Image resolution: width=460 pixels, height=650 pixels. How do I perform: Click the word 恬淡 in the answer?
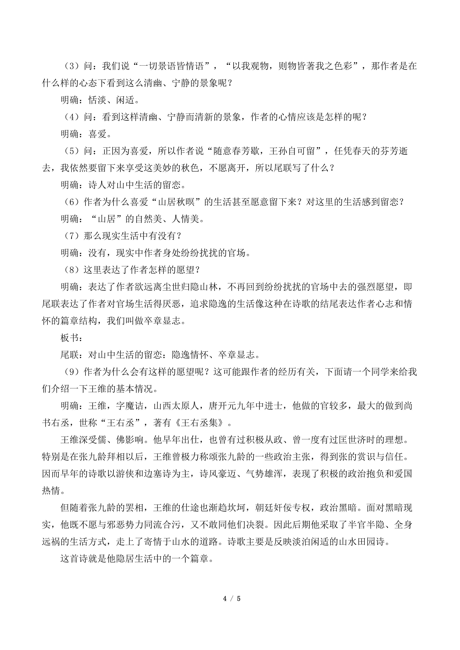click(x=98, y=100)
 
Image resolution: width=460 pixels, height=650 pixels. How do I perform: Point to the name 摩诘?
click(x=135, y=406)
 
